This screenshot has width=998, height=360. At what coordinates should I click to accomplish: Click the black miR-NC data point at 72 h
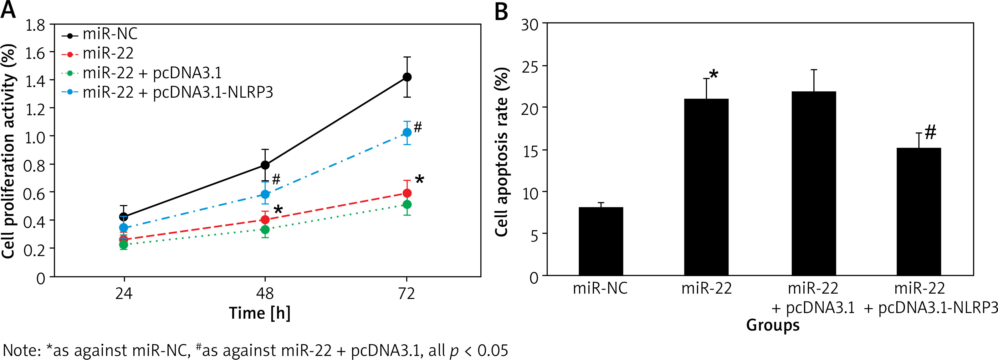[407, 77]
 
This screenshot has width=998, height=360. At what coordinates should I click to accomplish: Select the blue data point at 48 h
[265, 194]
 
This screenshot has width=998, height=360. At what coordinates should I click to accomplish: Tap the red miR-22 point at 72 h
[407, 193]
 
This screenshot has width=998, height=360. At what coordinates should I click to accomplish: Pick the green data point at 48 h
[265, 229]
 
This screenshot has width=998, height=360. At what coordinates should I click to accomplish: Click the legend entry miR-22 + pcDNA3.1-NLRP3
[177, 93]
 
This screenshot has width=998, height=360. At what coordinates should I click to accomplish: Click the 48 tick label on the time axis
[265, 294]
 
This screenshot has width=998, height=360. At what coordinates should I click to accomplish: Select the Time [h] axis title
[259, 313]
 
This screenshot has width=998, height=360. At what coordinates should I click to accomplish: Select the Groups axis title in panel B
[773, 325]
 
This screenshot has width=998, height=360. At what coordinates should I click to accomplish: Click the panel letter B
[501, 12]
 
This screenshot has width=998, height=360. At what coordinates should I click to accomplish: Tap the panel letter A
[8, 10]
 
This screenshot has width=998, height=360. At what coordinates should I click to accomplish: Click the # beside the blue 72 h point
[418, 127]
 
